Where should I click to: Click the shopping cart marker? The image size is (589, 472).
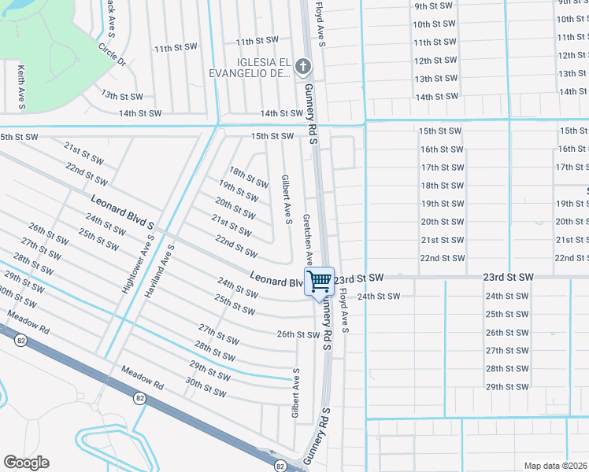319,282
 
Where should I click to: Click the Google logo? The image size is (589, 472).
26,463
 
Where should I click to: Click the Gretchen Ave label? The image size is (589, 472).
309,239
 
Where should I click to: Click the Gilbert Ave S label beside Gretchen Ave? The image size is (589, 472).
287,200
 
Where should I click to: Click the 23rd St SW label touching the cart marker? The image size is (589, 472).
359,278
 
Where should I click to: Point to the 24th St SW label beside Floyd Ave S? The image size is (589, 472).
379,297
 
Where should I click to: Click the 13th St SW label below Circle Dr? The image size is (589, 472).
121,96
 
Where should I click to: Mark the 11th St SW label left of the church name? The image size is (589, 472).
175,49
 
